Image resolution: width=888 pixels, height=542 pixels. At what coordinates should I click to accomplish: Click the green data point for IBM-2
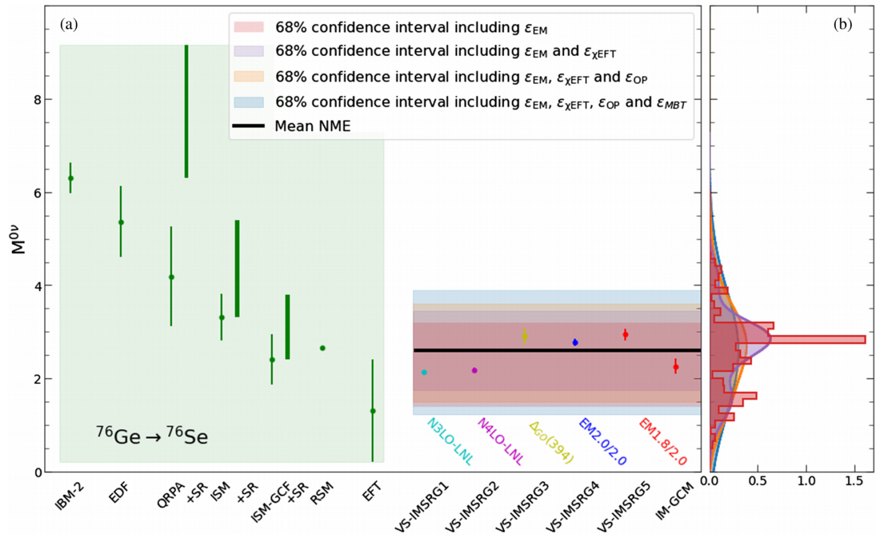pos(71,179)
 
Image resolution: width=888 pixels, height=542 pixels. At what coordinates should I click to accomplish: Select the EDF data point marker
pos(121,223)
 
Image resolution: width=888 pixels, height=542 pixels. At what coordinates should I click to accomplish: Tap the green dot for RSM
pos(322,349)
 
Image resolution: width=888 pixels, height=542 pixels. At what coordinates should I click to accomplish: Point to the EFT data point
pos(373,411)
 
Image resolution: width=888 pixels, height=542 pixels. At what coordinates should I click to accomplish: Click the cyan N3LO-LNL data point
pos(424,373)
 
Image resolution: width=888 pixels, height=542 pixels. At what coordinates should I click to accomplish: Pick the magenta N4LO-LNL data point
pos(474,371)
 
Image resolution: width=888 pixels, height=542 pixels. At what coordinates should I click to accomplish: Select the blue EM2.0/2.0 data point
pos(575,342)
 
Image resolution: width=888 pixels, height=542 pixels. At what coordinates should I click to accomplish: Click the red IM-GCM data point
pos(676,367)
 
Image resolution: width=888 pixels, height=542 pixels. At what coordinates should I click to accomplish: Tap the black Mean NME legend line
pos(248,127)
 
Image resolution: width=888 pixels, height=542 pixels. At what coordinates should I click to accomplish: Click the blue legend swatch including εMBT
pos(248,102)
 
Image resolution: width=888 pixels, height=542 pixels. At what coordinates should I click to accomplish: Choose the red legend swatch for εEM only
pos(248,27)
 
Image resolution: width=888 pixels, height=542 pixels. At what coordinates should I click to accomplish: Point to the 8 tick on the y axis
pos(38,100)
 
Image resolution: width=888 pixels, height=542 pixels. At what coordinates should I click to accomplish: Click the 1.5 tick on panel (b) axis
pos(854,481)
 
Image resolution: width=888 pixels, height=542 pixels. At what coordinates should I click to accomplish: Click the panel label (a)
pos(68,24)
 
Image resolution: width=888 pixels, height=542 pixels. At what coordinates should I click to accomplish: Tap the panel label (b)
pos(843,24)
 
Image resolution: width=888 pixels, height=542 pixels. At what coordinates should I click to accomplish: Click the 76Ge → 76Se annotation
pos(152,436)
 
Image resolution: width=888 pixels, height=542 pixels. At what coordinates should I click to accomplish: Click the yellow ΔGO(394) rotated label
pos(550,442)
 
